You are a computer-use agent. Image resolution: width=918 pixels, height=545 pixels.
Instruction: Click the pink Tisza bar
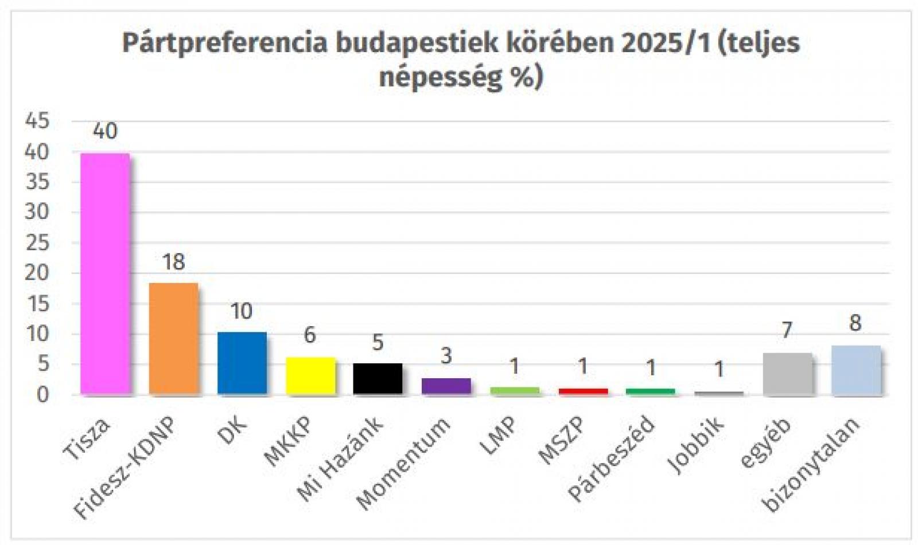click(105, 273)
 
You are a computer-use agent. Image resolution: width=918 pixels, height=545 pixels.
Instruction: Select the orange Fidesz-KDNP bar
click(173, 338)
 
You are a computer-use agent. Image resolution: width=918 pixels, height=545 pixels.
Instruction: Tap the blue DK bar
click(242, 363)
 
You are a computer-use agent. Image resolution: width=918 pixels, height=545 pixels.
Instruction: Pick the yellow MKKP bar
click(310, 375)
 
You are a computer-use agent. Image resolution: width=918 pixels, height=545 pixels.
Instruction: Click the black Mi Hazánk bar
click(378, 378)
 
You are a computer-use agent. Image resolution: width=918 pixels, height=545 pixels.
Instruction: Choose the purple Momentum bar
click(446, 386)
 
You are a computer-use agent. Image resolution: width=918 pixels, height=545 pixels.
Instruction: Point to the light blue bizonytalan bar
click(855, 370)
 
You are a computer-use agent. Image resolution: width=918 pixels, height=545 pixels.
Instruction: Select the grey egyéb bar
click(787, 373)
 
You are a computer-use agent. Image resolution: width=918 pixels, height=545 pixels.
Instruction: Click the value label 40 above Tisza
click(105, 131)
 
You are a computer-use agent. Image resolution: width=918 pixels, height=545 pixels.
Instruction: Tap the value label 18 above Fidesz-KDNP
click(173, 262)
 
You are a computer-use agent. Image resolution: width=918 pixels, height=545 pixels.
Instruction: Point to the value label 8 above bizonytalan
click(855, 323)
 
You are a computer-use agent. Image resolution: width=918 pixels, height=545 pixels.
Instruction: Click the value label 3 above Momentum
click(446, 356)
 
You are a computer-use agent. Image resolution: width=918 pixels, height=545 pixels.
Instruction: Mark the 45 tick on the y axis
click(37, 121)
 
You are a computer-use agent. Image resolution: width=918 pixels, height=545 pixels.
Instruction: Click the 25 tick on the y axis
click(37, 243)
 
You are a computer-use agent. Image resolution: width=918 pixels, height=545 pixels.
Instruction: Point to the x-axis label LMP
click(498, 437)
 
